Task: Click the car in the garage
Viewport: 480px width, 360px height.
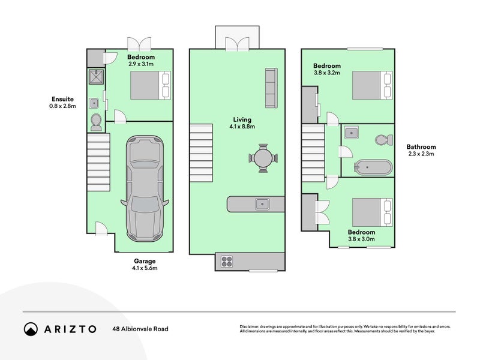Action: coord(145,188)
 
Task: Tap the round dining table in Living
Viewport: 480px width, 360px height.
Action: coord(263,158)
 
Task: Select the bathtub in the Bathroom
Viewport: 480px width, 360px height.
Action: coord(373,167)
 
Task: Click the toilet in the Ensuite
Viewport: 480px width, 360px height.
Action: coord(96,122)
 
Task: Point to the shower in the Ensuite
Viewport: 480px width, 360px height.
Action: coord(97,77)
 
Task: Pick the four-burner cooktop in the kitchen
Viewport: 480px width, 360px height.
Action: coord(227,262)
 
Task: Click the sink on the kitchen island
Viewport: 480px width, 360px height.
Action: coord(262,204)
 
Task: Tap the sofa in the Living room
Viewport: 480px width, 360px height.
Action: coord(271,88)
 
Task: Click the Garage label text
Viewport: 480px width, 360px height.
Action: coord(145,261)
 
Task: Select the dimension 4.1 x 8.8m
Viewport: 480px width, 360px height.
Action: coord(242,127)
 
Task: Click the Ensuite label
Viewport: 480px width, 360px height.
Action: coord(62,99)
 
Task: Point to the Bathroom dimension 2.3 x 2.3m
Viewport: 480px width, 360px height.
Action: coord(421,154)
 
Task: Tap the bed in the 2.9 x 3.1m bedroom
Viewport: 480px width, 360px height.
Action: coord(151,85)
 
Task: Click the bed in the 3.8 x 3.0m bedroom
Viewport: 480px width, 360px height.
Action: coord(373,212)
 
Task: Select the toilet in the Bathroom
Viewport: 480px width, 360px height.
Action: coord(384,140)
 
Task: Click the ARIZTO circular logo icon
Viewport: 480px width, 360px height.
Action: coord(31,329)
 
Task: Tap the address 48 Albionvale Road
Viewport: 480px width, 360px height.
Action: coord(140,329)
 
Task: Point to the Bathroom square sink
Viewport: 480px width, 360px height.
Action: coord(352,133)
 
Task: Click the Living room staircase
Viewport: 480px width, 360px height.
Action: coord(201,153)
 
